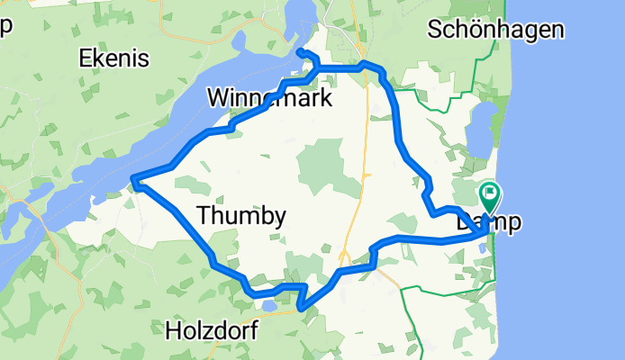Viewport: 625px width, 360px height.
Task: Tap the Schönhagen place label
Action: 497,30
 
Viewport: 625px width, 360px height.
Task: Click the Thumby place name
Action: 240,216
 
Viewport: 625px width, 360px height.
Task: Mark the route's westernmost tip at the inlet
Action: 133,182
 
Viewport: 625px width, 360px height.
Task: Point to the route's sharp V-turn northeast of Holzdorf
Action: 300,309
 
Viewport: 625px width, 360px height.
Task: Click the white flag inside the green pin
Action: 491,191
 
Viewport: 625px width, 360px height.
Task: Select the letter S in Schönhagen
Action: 437,30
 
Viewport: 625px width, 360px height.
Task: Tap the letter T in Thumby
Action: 203,216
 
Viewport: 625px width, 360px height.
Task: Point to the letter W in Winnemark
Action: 219,97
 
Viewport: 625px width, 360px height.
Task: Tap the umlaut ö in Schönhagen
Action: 477,30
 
